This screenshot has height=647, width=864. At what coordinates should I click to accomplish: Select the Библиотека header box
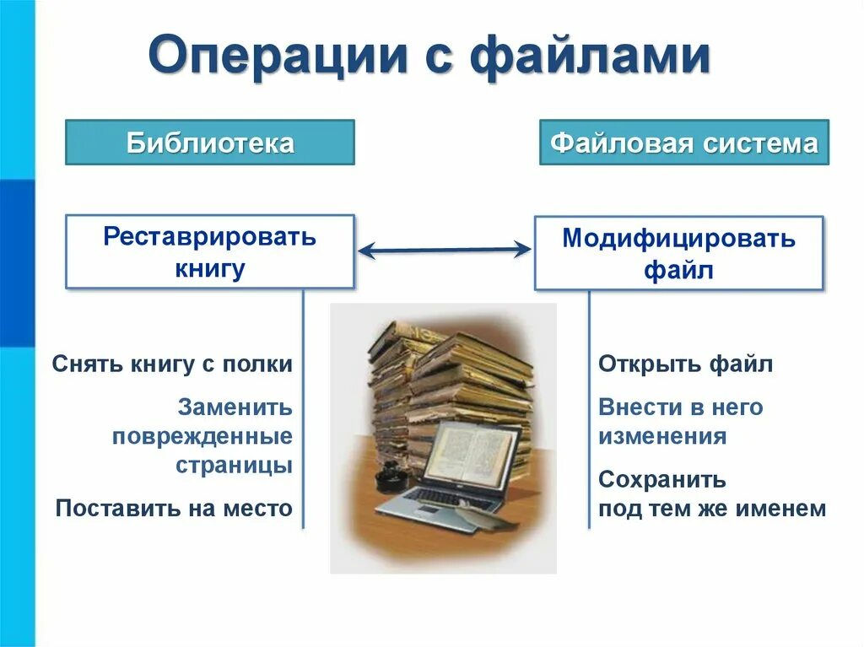click(x=210, y=143)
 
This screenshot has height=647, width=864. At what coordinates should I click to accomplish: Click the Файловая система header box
click(x=684, y=143)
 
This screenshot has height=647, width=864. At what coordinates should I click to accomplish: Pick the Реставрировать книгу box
click(x=210, y=251)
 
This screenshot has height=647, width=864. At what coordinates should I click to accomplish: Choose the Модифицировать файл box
click(x=678, y=253)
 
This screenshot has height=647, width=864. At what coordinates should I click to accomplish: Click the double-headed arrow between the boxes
click(x=444, y=249)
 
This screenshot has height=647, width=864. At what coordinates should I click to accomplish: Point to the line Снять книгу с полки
click(x=172, y=364)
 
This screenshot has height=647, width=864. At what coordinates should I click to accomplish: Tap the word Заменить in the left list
click(x=235, y=407)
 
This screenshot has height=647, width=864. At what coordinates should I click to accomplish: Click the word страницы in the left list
click(x=234, y=465)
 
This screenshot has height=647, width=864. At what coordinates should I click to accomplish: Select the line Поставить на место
click(x=174, y=509)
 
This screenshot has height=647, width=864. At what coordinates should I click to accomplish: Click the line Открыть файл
click(x=685, y=364)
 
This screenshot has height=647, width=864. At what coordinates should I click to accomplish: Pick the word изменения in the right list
click(x=662, y=436)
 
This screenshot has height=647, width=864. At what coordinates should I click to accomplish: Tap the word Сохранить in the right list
click(x=662, y=480)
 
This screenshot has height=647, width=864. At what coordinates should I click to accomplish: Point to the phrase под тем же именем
click(x=712, y=509)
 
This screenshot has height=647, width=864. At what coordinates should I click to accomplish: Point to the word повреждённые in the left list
click(x=202, y=436)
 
